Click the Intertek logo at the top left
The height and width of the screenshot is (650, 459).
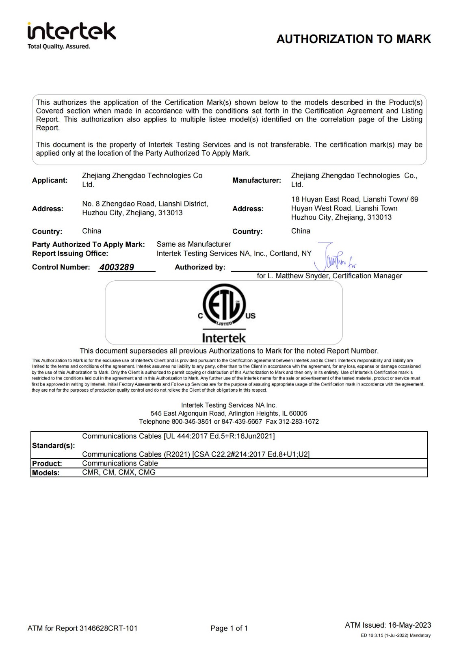71,31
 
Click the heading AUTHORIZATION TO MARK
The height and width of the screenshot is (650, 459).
353,39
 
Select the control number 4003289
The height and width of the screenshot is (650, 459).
117,267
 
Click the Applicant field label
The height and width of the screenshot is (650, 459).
50,180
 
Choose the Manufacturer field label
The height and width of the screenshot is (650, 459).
257,180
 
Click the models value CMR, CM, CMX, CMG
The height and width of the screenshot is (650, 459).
119,472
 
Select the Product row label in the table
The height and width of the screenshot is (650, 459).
47,464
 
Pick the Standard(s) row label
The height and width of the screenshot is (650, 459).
53,446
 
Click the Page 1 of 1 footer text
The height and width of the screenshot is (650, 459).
229,628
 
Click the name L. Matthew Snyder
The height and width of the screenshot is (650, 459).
299,276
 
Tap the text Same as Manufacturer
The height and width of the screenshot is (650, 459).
194,244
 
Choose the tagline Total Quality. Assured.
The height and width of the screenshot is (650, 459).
58,47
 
